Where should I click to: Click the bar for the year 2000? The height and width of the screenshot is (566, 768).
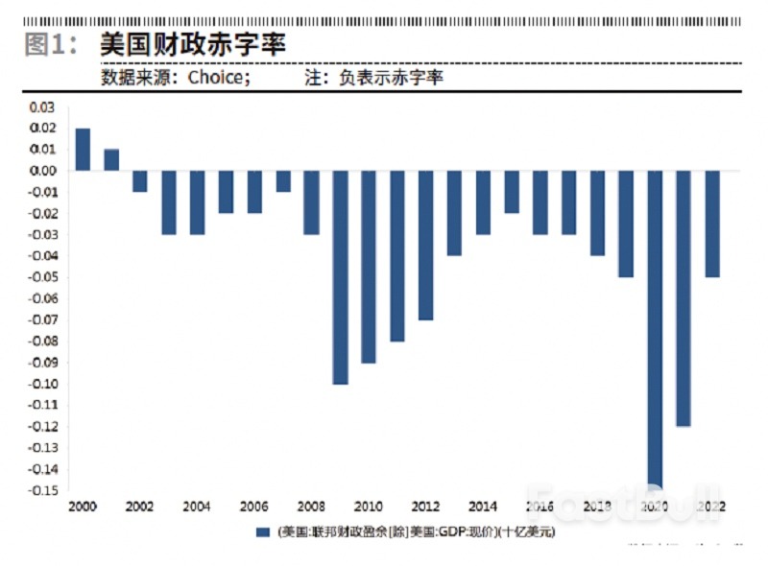[x=83, y=149]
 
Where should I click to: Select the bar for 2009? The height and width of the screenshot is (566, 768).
[x=340, y=277]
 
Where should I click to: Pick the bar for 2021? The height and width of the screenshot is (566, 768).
[x=684, y=298]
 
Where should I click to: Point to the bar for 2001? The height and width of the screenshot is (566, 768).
[x=111, y=159]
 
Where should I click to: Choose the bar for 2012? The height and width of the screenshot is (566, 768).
[x=426, y=245]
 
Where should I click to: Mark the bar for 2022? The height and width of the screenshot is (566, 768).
[x=712, y=224]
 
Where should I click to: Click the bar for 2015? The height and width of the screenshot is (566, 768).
[x=512, y=192]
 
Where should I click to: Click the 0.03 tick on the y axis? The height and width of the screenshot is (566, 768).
[x=42, y=106]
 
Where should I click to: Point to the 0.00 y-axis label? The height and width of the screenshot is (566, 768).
[x=42, y=171]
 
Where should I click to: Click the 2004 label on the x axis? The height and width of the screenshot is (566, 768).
[x=197, y=507]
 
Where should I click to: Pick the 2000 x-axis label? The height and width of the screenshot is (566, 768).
[x=83, y=507]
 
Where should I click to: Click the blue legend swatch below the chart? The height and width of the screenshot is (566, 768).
[x=262, y=531]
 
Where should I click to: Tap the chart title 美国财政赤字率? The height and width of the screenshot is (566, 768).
[x=193, y=43]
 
